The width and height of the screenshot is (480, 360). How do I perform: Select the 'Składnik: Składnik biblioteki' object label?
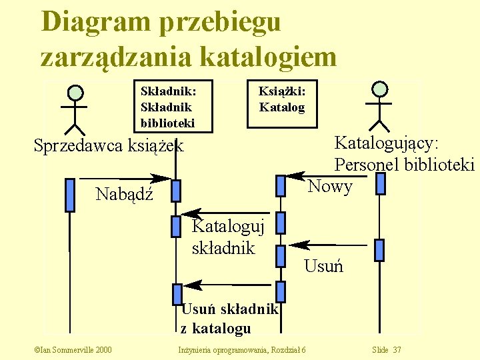[167, 106]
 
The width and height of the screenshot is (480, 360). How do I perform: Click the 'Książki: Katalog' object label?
[281, 98]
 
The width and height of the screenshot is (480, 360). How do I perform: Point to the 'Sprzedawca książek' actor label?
[108, 146]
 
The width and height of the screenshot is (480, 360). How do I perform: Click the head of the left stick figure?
[76, 93]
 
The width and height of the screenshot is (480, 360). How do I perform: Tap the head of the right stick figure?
[380, 89]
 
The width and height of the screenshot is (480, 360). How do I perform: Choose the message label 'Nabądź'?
[125, 195]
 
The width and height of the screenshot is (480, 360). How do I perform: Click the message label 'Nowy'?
[329, 187]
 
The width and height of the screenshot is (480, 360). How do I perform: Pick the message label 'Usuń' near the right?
[323, 267]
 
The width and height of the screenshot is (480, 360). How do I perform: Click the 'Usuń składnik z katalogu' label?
[229, 319]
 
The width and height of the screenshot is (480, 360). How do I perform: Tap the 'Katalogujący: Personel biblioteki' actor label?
[404, 154]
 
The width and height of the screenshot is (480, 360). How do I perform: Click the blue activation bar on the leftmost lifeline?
[69, 195]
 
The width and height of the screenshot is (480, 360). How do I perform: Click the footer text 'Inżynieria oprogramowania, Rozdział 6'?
[241, 350]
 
